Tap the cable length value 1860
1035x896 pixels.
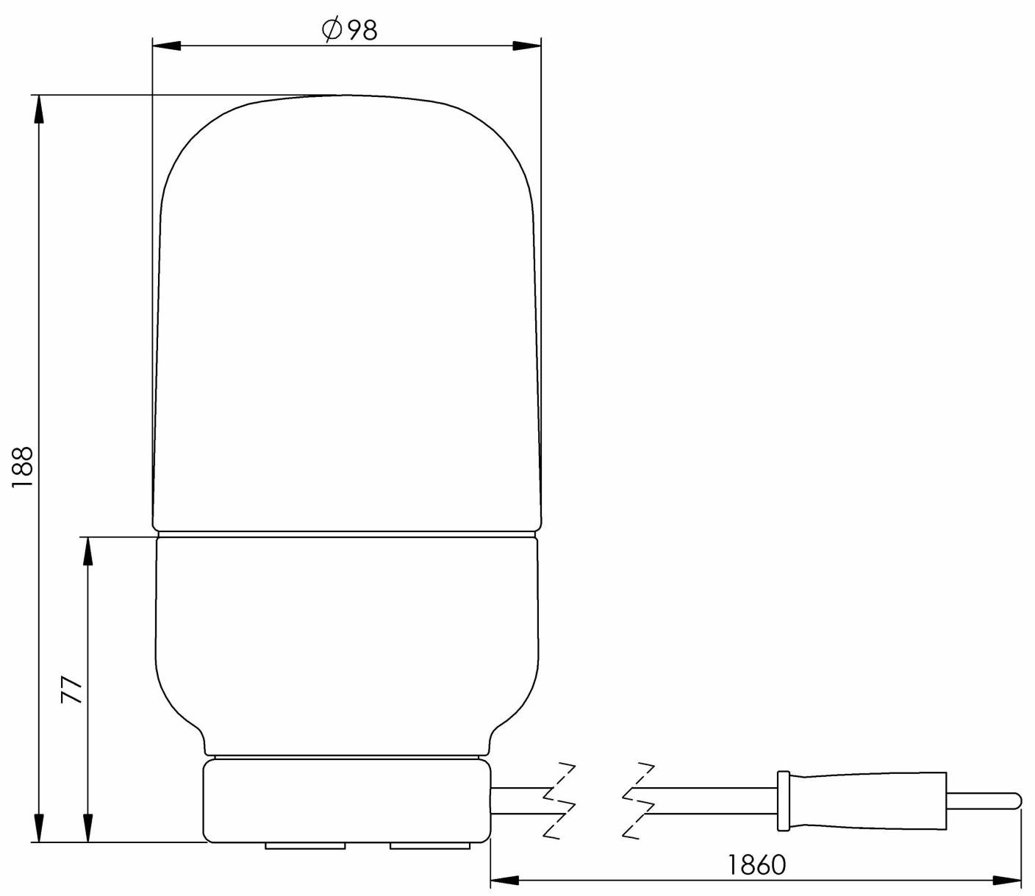tap(756, 865)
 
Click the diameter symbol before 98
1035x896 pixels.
tap(330, 30)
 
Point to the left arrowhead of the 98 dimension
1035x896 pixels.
tap(165, 46)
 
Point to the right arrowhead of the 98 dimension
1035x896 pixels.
tap(526, 46)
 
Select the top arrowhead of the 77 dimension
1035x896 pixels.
tap(87, 551)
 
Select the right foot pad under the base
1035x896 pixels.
tap(429, 845)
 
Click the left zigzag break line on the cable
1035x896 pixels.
tap(559, 800)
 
